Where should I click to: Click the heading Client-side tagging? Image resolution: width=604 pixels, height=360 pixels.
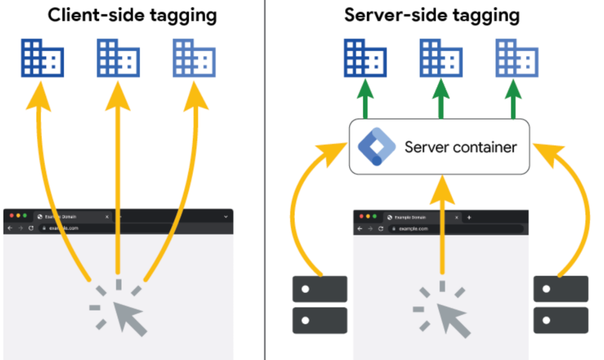(132, 15)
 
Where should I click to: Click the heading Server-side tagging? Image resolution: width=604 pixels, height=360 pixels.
(432, 15)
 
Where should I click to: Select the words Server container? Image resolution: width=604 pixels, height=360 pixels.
(460, 147)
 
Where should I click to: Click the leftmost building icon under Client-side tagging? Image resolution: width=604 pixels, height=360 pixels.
(42, 58)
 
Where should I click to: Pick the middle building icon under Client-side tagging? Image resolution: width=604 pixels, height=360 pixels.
(118, 58)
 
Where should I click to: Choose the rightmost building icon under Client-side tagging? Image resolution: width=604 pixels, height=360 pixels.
(194, 58)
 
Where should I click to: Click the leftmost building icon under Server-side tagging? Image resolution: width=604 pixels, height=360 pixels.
(365, 58)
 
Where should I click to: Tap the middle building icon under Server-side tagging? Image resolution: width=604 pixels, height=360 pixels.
(441, 58)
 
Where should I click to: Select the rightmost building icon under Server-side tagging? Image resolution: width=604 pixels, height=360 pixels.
(517, 58)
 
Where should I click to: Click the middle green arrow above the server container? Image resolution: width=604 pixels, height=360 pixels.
(441, 100)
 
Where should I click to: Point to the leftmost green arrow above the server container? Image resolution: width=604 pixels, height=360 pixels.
(365, 100)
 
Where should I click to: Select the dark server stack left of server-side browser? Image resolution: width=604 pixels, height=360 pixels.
(320, 305)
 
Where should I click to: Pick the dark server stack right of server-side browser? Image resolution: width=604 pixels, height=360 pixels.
(561, 305)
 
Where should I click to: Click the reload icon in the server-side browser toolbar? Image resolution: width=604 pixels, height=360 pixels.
(380, 228)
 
